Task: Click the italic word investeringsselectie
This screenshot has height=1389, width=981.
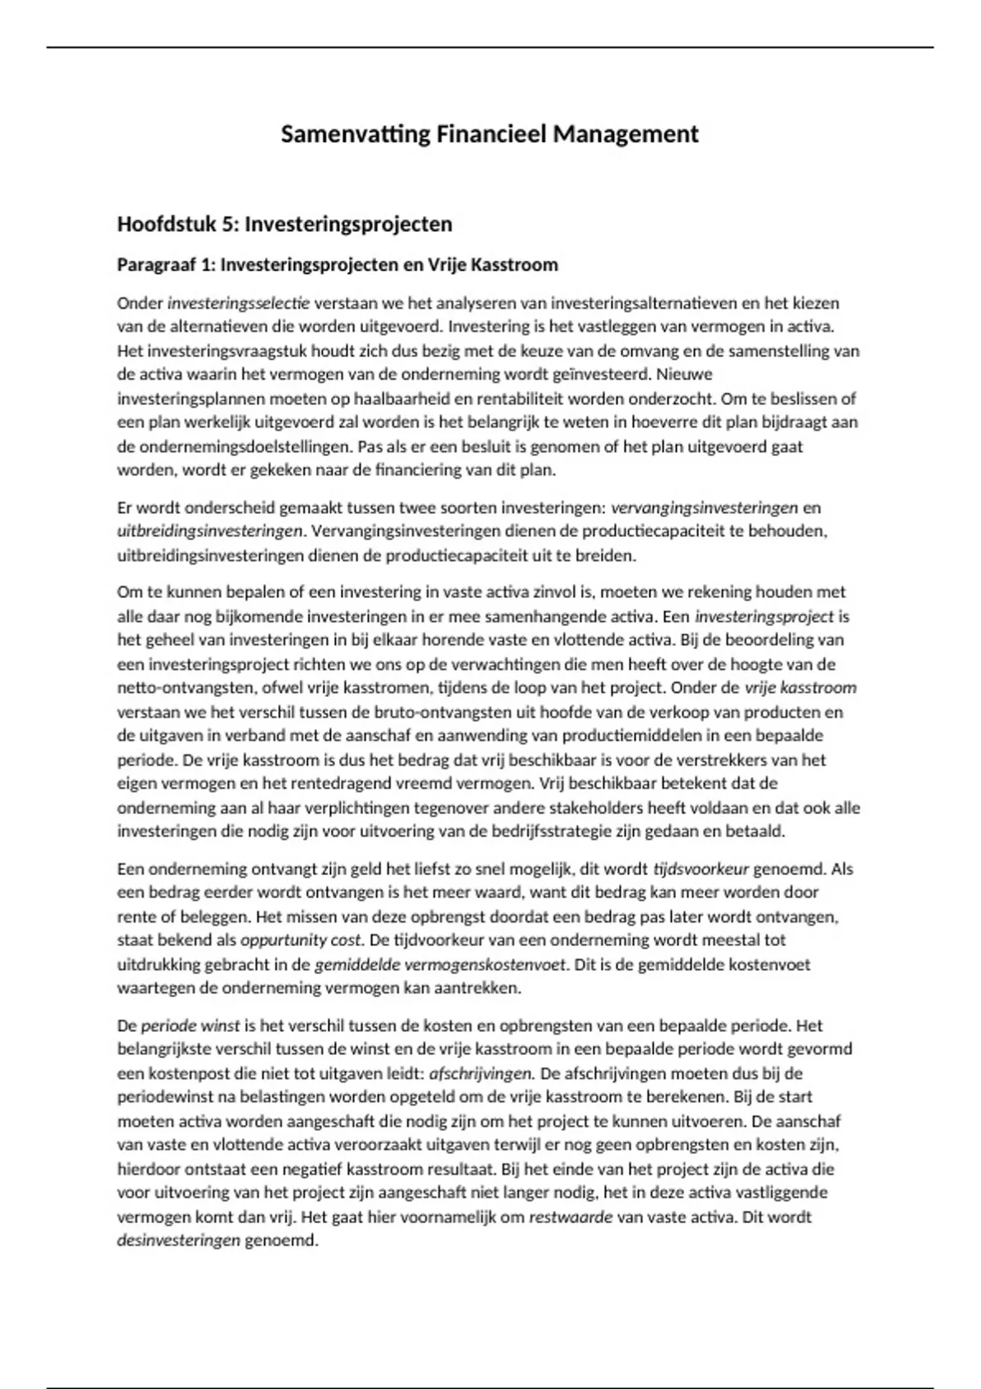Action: (x=238, y=303)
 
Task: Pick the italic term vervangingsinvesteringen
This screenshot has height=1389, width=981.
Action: (x=704, y=507)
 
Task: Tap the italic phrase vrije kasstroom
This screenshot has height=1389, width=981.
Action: (x=800, y=688)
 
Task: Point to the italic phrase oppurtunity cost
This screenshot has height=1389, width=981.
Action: (x=301, y=940)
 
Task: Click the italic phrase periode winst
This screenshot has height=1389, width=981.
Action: (x=190, y=1025)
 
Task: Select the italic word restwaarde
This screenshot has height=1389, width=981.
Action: (x=571, y=1217)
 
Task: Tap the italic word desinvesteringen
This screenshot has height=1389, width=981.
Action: (x=179, y=1240)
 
